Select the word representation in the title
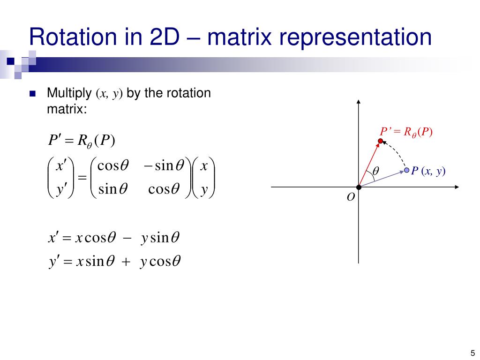click(x=361, y=37)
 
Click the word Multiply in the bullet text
click(x=68, y=93)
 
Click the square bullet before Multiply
click(x=32, y=93)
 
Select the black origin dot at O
click(x=359, y=187)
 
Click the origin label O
click(x=350, y=198)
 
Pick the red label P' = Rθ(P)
click(x=405, y=132)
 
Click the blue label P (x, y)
click(x=428, y=172)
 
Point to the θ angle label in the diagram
click(x=375, y=172)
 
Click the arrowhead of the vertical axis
click(x=359, y=102)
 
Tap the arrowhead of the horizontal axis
click(x=457, y=187)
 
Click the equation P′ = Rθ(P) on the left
click(x=82, y=140)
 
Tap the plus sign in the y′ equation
click(x=125, y=261)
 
